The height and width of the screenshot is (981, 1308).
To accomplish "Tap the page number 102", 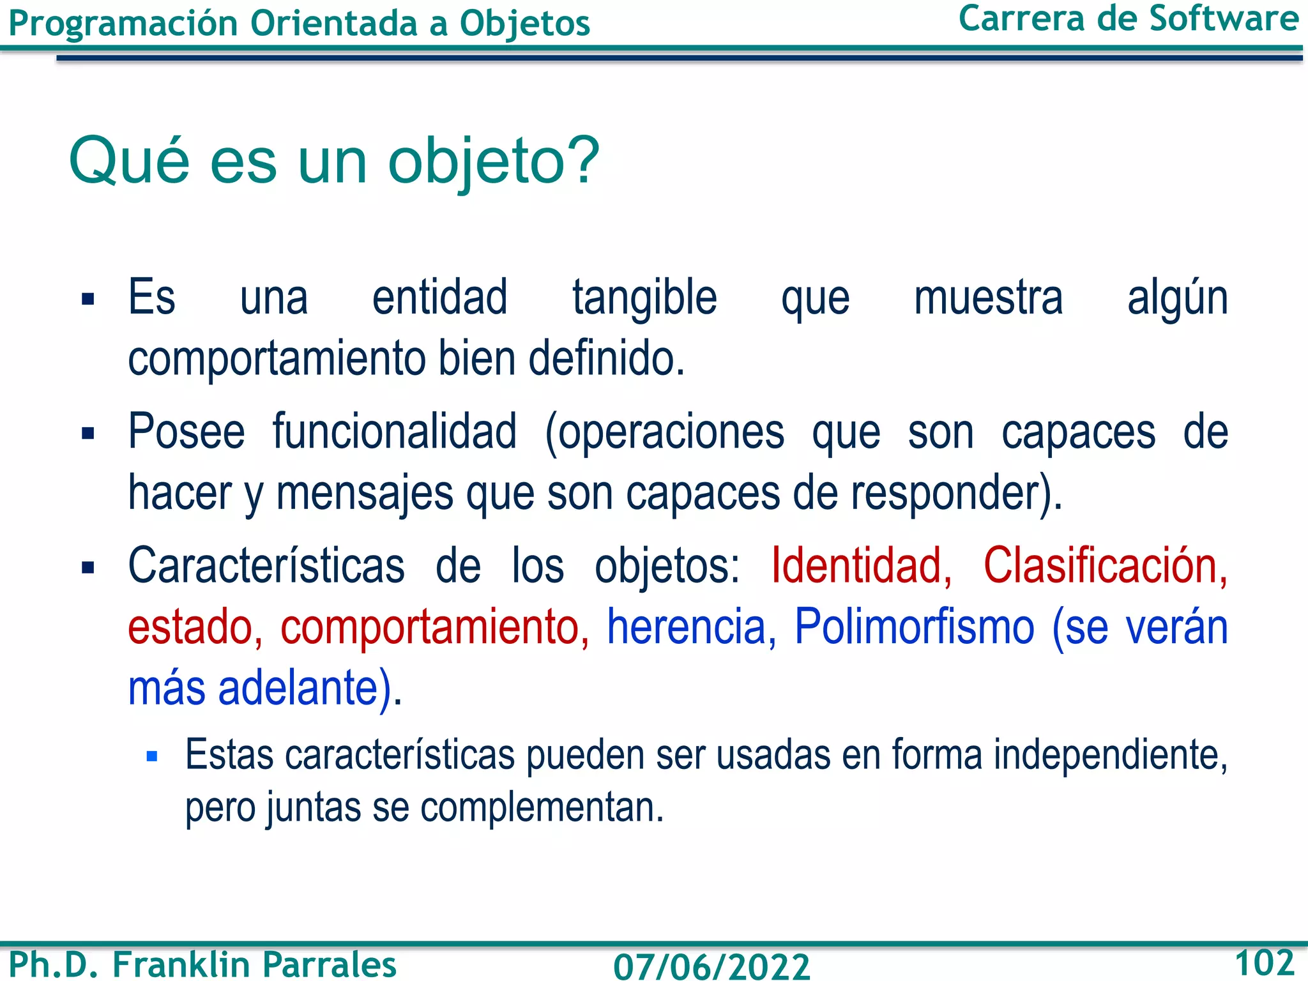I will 1264,962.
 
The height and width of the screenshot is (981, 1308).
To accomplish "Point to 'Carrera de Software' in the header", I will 1129,19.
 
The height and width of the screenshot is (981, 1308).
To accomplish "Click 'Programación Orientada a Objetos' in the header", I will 299,24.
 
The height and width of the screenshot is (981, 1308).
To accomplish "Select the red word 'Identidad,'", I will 862,566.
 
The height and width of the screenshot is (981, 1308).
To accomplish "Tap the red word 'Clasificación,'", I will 1105,566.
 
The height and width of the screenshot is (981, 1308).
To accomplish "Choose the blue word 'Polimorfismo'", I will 914,627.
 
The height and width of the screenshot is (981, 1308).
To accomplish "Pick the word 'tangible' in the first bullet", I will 644,298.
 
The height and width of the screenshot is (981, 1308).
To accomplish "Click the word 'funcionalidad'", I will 395,432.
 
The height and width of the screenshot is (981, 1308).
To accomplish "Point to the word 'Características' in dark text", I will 266,566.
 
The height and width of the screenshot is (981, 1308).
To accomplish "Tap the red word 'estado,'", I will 195,627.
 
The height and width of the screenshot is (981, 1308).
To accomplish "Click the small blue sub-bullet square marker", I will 152,757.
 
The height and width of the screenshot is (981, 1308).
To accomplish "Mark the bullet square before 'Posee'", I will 88,434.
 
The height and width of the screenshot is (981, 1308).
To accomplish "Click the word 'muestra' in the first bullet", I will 988,298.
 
